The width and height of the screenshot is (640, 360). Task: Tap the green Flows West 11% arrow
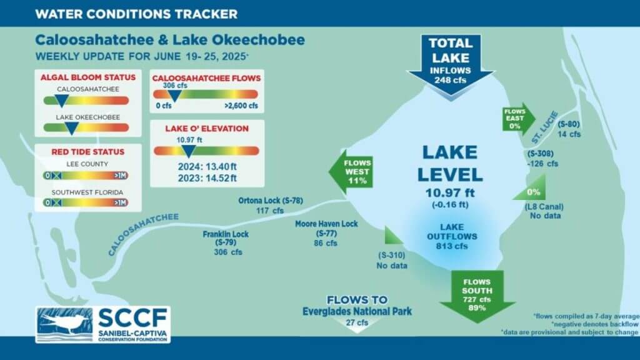pyautogui.click(x=352, y=172)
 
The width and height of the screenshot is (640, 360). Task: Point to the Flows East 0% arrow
pyautogui.click(x=518, y=119)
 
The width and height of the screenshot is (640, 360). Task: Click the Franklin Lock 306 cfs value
pyautogui.click(x=228, y=252)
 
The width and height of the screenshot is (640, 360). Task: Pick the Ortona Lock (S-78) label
pyautogui.click(x=271, y=201)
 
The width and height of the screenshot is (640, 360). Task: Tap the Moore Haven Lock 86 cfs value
pyautogui.click(x=326, y=243)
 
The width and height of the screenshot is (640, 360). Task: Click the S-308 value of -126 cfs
pyautogui.click(x=542, y=164)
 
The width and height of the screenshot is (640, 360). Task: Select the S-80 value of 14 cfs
pyautogui.click(x=569, y=134)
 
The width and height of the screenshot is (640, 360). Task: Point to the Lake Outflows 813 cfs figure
pyautogui.click(x=452, y=246)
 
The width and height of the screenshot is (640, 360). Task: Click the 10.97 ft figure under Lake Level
pyautogui.click(x=450, y=192)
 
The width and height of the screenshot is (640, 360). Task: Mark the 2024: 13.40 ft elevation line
pyautogui.click(x=207, y=166)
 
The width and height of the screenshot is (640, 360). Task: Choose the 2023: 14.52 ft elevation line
pyautogui.click(x=207, y=178)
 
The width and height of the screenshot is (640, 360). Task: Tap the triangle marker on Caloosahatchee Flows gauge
pyautogui.click(x=174, y=96)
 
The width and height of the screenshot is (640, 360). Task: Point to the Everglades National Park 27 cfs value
pyautogui.click(x=357, y=322)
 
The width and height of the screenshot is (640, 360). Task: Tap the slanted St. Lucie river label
pyautogui.click(x=545, y=127)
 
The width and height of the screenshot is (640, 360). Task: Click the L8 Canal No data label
pyautogui.click(x=544, y=211)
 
